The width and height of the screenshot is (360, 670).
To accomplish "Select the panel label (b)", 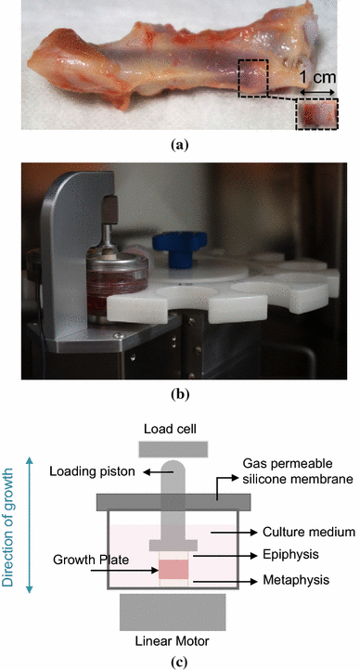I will [x=180, y=393].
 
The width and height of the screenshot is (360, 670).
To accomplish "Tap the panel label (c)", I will [x=179, y=661].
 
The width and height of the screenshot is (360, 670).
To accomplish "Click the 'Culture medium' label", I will [x=289, y=533].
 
